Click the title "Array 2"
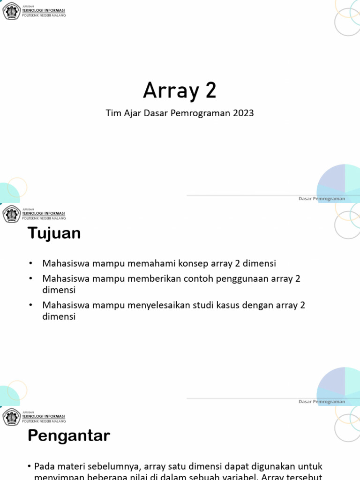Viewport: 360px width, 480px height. [180, 90]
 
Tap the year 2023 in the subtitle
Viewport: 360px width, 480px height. [243, 113]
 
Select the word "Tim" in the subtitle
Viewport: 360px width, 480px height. [113, 113]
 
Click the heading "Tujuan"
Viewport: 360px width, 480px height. [54, 233]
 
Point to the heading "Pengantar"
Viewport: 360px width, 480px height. [68, 436]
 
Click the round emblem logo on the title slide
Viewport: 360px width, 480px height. [11, 11]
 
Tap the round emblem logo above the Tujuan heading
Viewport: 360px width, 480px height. [11, 214]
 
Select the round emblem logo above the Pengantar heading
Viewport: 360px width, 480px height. [11, 417]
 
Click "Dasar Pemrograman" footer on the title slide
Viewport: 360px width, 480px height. [322, 199]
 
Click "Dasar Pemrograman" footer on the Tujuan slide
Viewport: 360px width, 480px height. [322, 402]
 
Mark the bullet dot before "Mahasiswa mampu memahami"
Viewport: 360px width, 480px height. [30, 264]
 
